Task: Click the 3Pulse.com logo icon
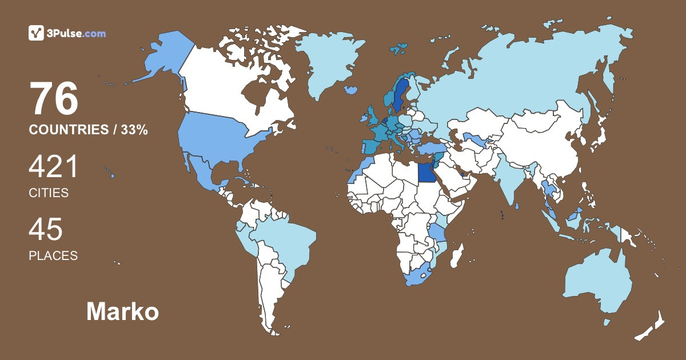point(36,33)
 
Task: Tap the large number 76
point(54,99)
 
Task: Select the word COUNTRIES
point(68,130)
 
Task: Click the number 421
point(53,168)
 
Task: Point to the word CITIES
point(49,193)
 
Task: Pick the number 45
point(46,230)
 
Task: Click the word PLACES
point(53,255)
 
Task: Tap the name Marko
point(122,312)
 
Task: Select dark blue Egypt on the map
point(426,171)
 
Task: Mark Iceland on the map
point(351,90)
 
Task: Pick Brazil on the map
point(286,240)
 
